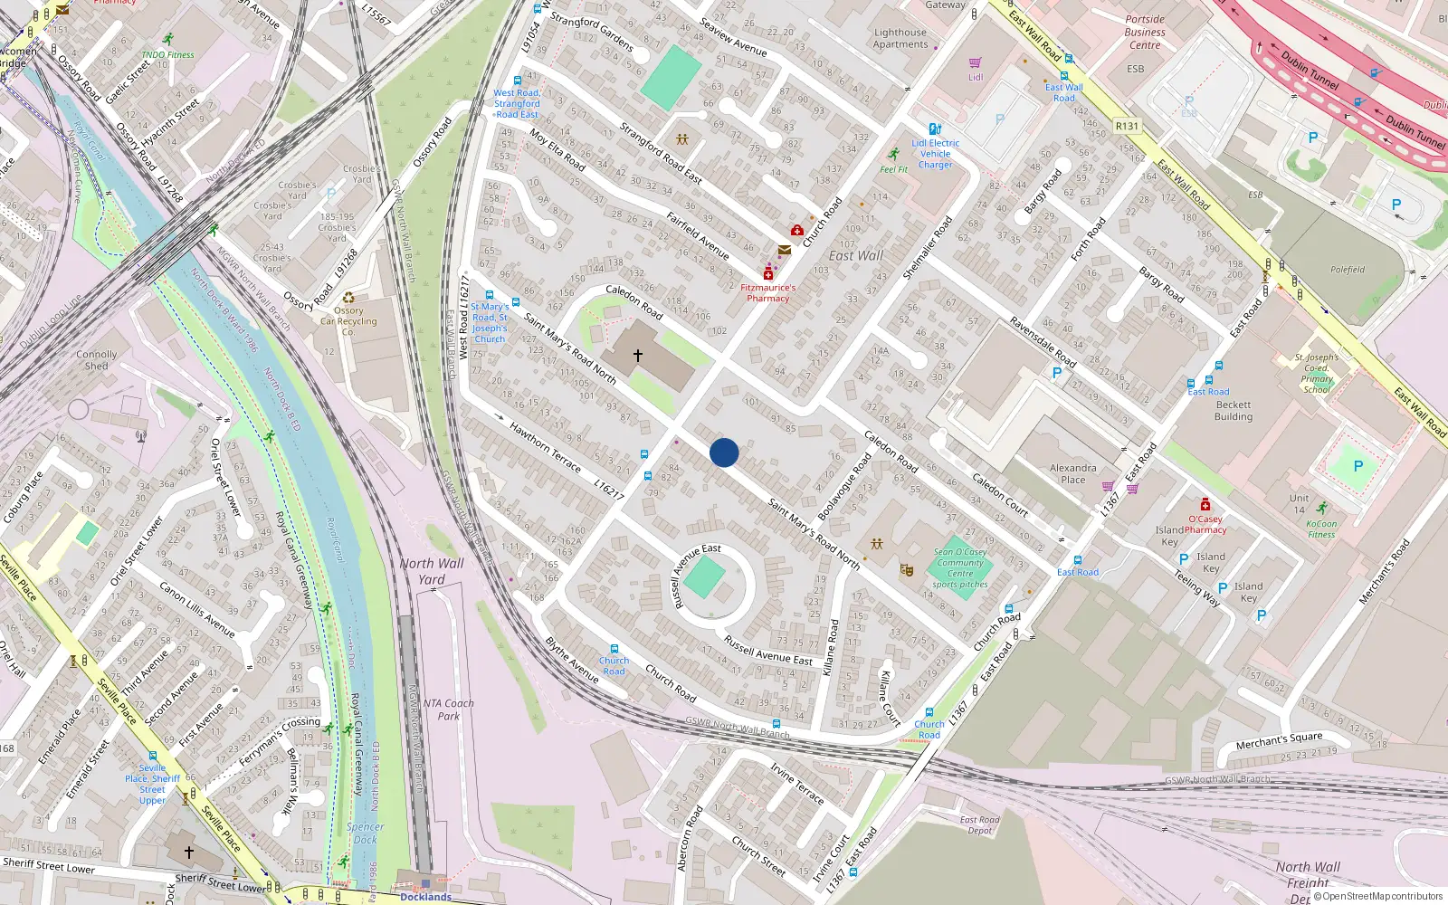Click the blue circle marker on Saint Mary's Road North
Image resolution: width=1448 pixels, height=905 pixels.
point(724,452)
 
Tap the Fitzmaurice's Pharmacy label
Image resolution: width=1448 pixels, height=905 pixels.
point(767,292)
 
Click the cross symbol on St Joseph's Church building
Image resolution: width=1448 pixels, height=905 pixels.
point(638,356)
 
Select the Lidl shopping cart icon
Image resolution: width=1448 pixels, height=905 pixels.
point(975,63)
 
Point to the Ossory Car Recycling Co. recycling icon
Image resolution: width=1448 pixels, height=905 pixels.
point(348,298)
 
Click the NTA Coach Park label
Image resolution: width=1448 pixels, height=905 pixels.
point(448,710)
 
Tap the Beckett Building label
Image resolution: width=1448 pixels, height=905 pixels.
point(1234,411)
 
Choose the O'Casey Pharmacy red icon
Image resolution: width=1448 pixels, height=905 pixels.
point(1205,504)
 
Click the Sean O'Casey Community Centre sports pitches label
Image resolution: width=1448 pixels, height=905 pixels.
point(959,568)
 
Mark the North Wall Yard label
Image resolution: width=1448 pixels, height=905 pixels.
point(432,570)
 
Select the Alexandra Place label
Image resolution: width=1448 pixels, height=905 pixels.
point(1073,473)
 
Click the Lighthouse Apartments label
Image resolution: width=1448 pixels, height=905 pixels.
point(900,38)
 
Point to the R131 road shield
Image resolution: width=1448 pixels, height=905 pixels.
point(1127,126)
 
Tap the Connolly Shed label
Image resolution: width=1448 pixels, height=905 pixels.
point(97,360)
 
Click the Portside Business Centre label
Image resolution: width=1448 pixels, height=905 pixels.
point(1145,32)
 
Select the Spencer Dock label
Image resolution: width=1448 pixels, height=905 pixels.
point(365,833)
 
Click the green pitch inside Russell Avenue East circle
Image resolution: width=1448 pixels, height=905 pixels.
point(704,577)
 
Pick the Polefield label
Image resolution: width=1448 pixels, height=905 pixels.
point(1348,270)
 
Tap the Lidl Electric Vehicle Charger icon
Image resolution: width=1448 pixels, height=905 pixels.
point(935,129)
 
